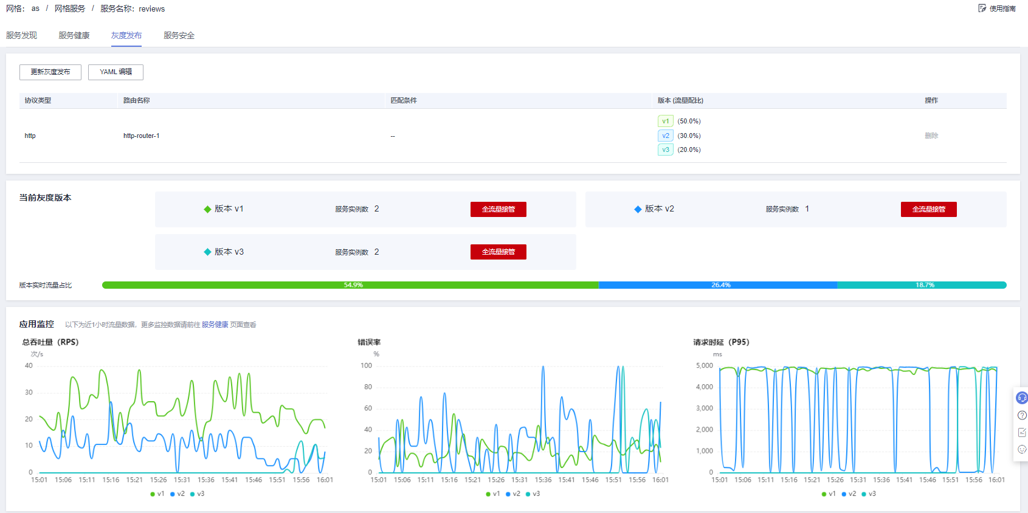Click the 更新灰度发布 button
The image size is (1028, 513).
pyautogui.click(x=50, y=72)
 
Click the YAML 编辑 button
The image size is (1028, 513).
pyautogui.click(x=116, y=72)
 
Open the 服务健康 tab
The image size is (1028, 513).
pyautogui.click(x=74, y=36)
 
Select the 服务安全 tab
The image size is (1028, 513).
pyautogui.click(x=179, y=36)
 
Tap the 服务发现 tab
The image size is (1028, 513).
pyautogui.click(x=22, y=36)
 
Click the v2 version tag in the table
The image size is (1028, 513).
pyautogui.click(x=666, y=136)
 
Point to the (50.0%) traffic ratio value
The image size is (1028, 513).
pyautogui.click(x=689, y=122)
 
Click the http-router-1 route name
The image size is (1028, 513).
pyautogui.click(x=141, y=136)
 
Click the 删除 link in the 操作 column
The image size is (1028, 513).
pyautogui.click(x=931, y=136)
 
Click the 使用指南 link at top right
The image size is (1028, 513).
pyautogui.click(x=998, y=9)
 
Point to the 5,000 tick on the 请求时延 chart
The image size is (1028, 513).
pyautogui.click(x=704, y=366)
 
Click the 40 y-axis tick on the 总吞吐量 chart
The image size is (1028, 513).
pyautogui.click(x=29, y=366)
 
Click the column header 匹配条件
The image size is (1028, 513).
pyautogui.click(x=404, y=101)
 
